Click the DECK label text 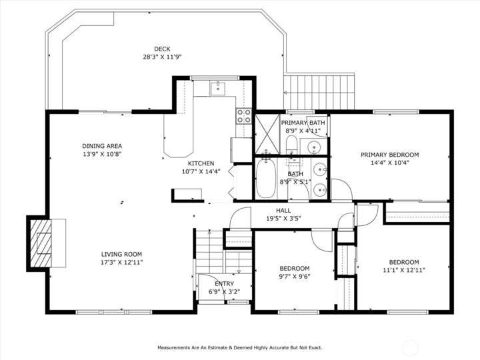(x=162, y=49)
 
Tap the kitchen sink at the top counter (x=217, y=89)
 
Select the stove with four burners (x=244, y=116)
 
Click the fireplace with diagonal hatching (x=41, y=243)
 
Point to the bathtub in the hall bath (x=266, y=177)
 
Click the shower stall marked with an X (x=267, y=134)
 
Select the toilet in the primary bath (x=291, y=145)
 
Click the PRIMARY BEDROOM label (x=390, y=155)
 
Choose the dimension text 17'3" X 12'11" (x=122, y=263)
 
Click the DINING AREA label (x=102, y=146)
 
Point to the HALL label (x=283, y=211)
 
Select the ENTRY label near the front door (x=225, y=284)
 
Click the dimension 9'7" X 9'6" (x=295, y=277)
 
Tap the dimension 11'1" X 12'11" (x=404, y=270)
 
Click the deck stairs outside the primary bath (x=319, y=92)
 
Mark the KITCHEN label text (x=201, y=163)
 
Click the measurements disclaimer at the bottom (x=240, y=348)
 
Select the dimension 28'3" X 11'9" (x=162, y=57)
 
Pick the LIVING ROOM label (x=121, y=254)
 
